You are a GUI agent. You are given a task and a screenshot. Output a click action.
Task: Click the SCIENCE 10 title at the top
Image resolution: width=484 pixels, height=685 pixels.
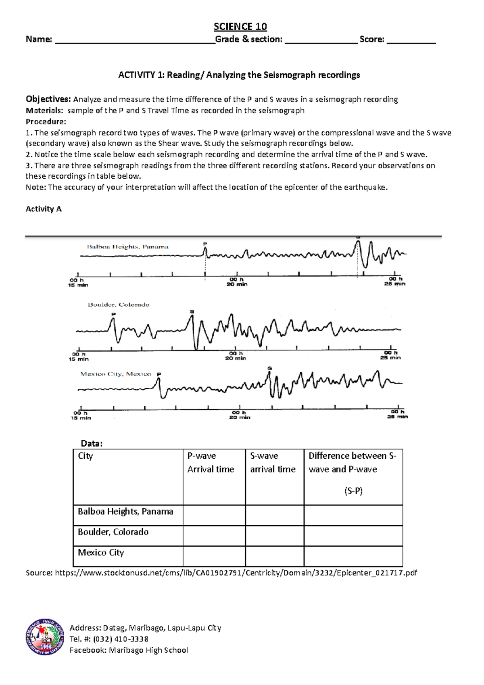point(240,27)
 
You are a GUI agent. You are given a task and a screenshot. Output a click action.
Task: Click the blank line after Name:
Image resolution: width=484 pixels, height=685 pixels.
point(135,40)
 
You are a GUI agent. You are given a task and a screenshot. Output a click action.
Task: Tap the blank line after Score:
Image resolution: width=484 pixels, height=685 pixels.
point(411,40)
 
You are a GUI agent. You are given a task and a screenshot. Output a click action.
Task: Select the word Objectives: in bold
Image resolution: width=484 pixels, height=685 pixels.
point(48,99)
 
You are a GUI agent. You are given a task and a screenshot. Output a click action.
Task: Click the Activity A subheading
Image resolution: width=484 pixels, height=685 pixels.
point(44,209)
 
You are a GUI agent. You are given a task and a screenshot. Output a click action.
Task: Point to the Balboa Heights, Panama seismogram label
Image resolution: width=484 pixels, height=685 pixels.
point(127,246)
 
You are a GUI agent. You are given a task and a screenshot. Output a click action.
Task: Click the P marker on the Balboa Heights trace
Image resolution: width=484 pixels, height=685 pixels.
point(205,244)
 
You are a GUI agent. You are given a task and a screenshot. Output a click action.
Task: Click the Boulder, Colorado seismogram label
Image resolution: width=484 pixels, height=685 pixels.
point(118,305)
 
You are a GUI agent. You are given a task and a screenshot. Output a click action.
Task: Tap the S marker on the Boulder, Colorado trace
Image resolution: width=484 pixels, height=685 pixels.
point(192,311)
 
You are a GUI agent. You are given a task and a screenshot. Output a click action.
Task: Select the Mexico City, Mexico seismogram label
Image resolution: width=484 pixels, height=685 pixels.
point(115,374)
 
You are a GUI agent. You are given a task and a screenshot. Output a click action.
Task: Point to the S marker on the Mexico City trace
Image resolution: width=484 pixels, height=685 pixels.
point(269,368)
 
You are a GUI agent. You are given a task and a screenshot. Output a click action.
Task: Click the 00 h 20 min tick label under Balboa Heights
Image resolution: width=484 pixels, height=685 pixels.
point(237,282)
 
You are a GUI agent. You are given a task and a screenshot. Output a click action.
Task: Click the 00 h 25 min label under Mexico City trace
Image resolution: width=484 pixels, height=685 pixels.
point(397,414)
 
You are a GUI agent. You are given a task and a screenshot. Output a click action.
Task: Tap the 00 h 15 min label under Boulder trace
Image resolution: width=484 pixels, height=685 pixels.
point(78,357)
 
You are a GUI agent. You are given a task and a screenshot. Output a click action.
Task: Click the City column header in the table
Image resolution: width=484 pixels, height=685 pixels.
point(86,456)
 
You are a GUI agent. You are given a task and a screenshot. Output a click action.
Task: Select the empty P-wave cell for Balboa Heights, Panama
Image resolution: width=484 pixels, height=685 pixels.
point(214,515)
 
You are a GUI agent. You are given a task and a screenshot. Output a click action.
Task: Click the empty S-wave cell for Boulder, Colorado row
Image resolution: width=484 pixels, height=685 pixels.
point(274,536)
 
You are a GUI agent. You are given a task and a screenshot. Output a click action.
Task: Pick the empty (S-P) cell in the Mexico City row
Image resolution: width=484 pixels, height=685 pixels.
point(353,556)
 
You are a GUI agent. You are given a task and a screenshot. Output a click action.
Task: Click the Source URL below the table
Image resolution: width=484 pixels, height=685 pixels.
point(236,573)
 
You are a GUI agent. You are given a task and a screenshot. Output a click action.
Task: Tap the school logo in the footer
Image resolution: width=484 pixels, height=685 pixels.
point(45,637)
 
